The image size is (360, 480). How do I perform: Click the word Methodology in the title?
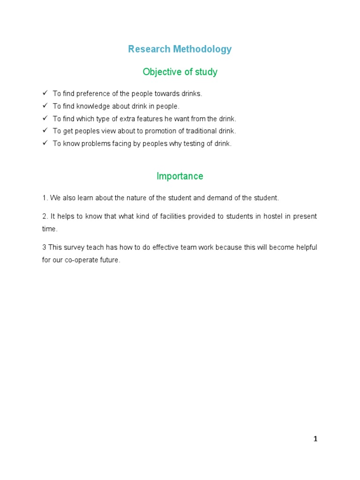point(203,49)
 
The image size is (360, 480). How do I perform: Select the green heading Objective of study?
point(180,72)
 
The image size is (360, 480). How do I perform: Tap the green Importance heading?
point(180,176)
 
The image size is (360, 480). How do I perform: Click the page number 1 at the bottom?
point(315,439)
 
